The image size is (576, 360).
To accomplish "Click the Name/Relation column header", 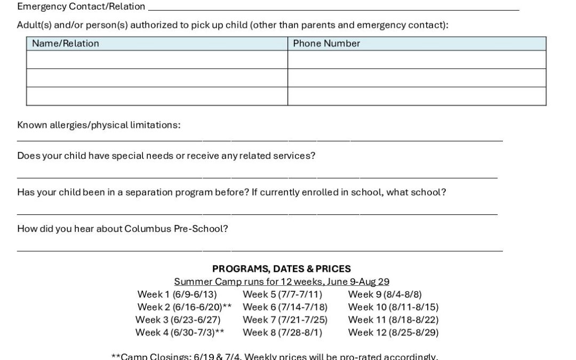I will tap(66, 44).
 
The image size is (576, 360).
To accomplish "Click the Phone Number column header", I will tap(326, 44).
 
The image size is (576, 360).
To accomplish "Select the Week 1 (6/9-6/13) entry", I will tap(177, 294).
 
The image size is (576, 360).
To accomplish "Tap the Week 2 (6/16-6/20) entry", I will tap(184, 307).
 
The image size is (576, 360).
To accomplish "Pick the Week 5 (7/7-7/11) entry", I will tap(282, 294).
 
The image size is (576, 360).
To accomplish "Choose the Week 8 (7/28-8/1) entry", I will tap(282, 332).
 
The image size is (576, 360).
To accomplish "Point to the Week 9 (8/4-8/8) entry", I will tap(385, 294).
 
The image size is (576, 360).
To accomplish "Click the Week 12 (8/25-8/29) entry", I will tap(393, 332).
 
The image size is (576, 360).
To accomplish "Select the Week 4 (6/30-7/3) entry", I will tap(180, 332).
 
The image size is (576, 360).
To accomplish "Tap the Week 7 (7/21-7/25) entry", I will tap(285, 319).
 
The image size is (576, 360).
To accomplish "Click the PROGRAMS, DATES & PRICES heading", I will tap(282, 269).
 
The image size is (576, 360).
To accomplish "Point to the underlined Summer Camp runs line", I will tap(282, 282).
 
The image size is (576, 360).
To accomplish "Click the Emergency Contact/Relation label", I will tap(81, 6).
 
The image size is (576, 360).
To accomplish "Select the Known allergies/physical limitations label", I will tap(99, 125).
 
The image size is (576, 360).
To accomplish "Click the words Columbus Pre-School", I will tap(176, 229).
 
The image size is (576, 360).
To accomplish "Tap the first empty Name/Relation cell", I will tap(157, 60).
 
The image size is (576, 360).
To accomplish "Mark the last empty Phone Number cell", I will tap(417, 96).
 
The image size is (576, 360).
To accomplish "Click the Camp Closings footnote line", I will tap(275, 356).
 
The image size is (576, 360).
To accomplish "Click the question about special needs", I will tap(166, 156).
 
